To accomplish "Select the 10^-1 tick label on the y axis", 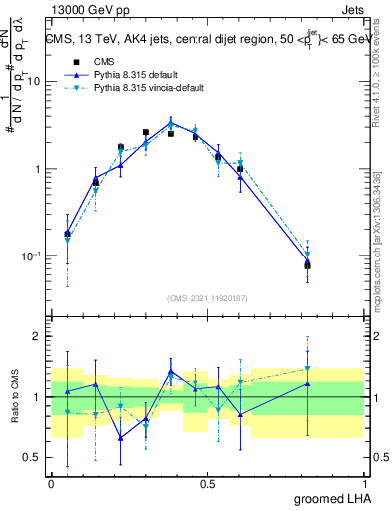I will click(31, 255).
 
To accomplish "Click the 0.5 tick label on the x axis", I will click(207, 483).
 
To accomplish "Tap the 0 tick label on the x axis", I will click(51, 483).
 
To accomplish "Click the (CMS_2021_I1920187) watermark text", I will click(207, 298).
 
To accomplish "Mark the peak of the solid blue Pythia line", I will click(171, 123).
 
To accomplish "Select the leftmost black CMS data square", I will click(68, 234).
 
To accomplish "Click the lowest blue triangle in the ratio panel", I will click(121, 437).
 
